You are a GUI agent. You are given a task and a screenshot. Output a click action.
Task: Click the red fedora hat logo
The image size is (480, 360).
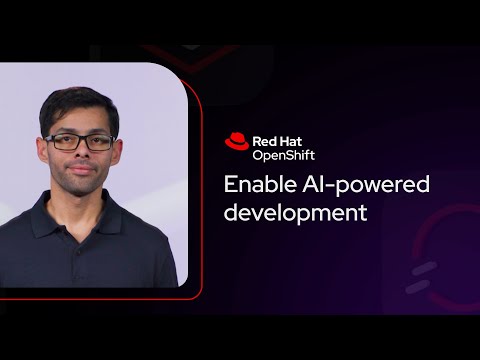click(x=237, y=142)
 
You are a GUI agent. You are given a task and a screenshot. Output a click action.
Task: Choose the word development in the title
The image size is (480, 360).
click(x=296, y=213)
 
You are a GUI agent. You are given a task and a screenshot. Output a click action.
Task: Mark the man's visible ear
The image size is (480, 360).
click(x=116, y=147)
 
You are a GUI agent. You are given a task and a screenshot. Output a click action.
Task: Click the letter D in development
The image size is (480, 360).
click(x=230, y=213)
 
